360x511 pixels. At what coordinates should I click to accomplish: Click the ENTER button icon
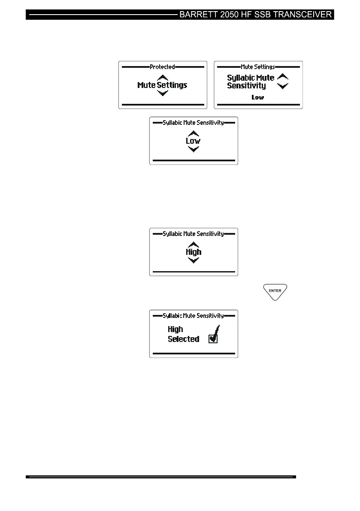(x=275, y=291)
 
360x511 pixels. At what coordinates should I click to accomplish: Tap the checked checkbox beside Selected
(x=213, y=339)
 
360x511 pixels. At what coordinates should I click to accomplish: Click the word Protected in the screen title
(x=162, y=67)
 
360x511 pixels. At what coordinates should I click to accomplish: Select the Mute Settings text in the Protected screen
(x=162, y=85)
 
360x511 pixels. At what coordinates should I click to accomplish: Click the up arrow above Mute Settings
(x=162, y=78)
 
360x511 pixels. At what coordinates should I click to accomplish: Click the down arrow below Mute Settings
(x=162, y=93)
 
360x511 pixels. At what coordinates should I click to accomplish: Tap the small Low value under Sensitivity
(x=258, y=97)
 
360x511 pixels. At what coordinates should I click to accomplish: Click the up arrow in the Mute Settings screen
(x=283, y=77)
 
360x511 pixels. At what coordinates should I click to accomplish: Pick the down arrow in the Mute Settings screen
(x=283, y=86)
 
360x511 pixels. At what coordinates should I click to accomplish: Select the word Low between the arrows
(x=193, y=141)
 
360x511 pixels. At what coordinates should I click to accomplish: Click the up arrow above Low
(x=194, y=133)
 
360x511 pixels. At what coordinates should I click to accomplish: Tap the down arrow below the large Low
(x=194, y=149)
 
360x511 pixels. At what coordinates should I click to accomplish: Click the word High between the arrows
(x=194, y=252)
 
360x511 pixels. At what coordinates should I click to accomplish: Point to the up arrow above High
(x=194, y=245)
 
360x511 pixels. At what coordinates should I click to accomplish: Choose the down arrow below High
(x=194, y=260)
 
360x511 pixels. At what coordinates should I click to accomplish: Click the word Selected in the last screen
(x=184, y=339)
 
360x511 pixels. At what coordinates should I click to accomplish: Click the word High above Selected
(x=175, y=329)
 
